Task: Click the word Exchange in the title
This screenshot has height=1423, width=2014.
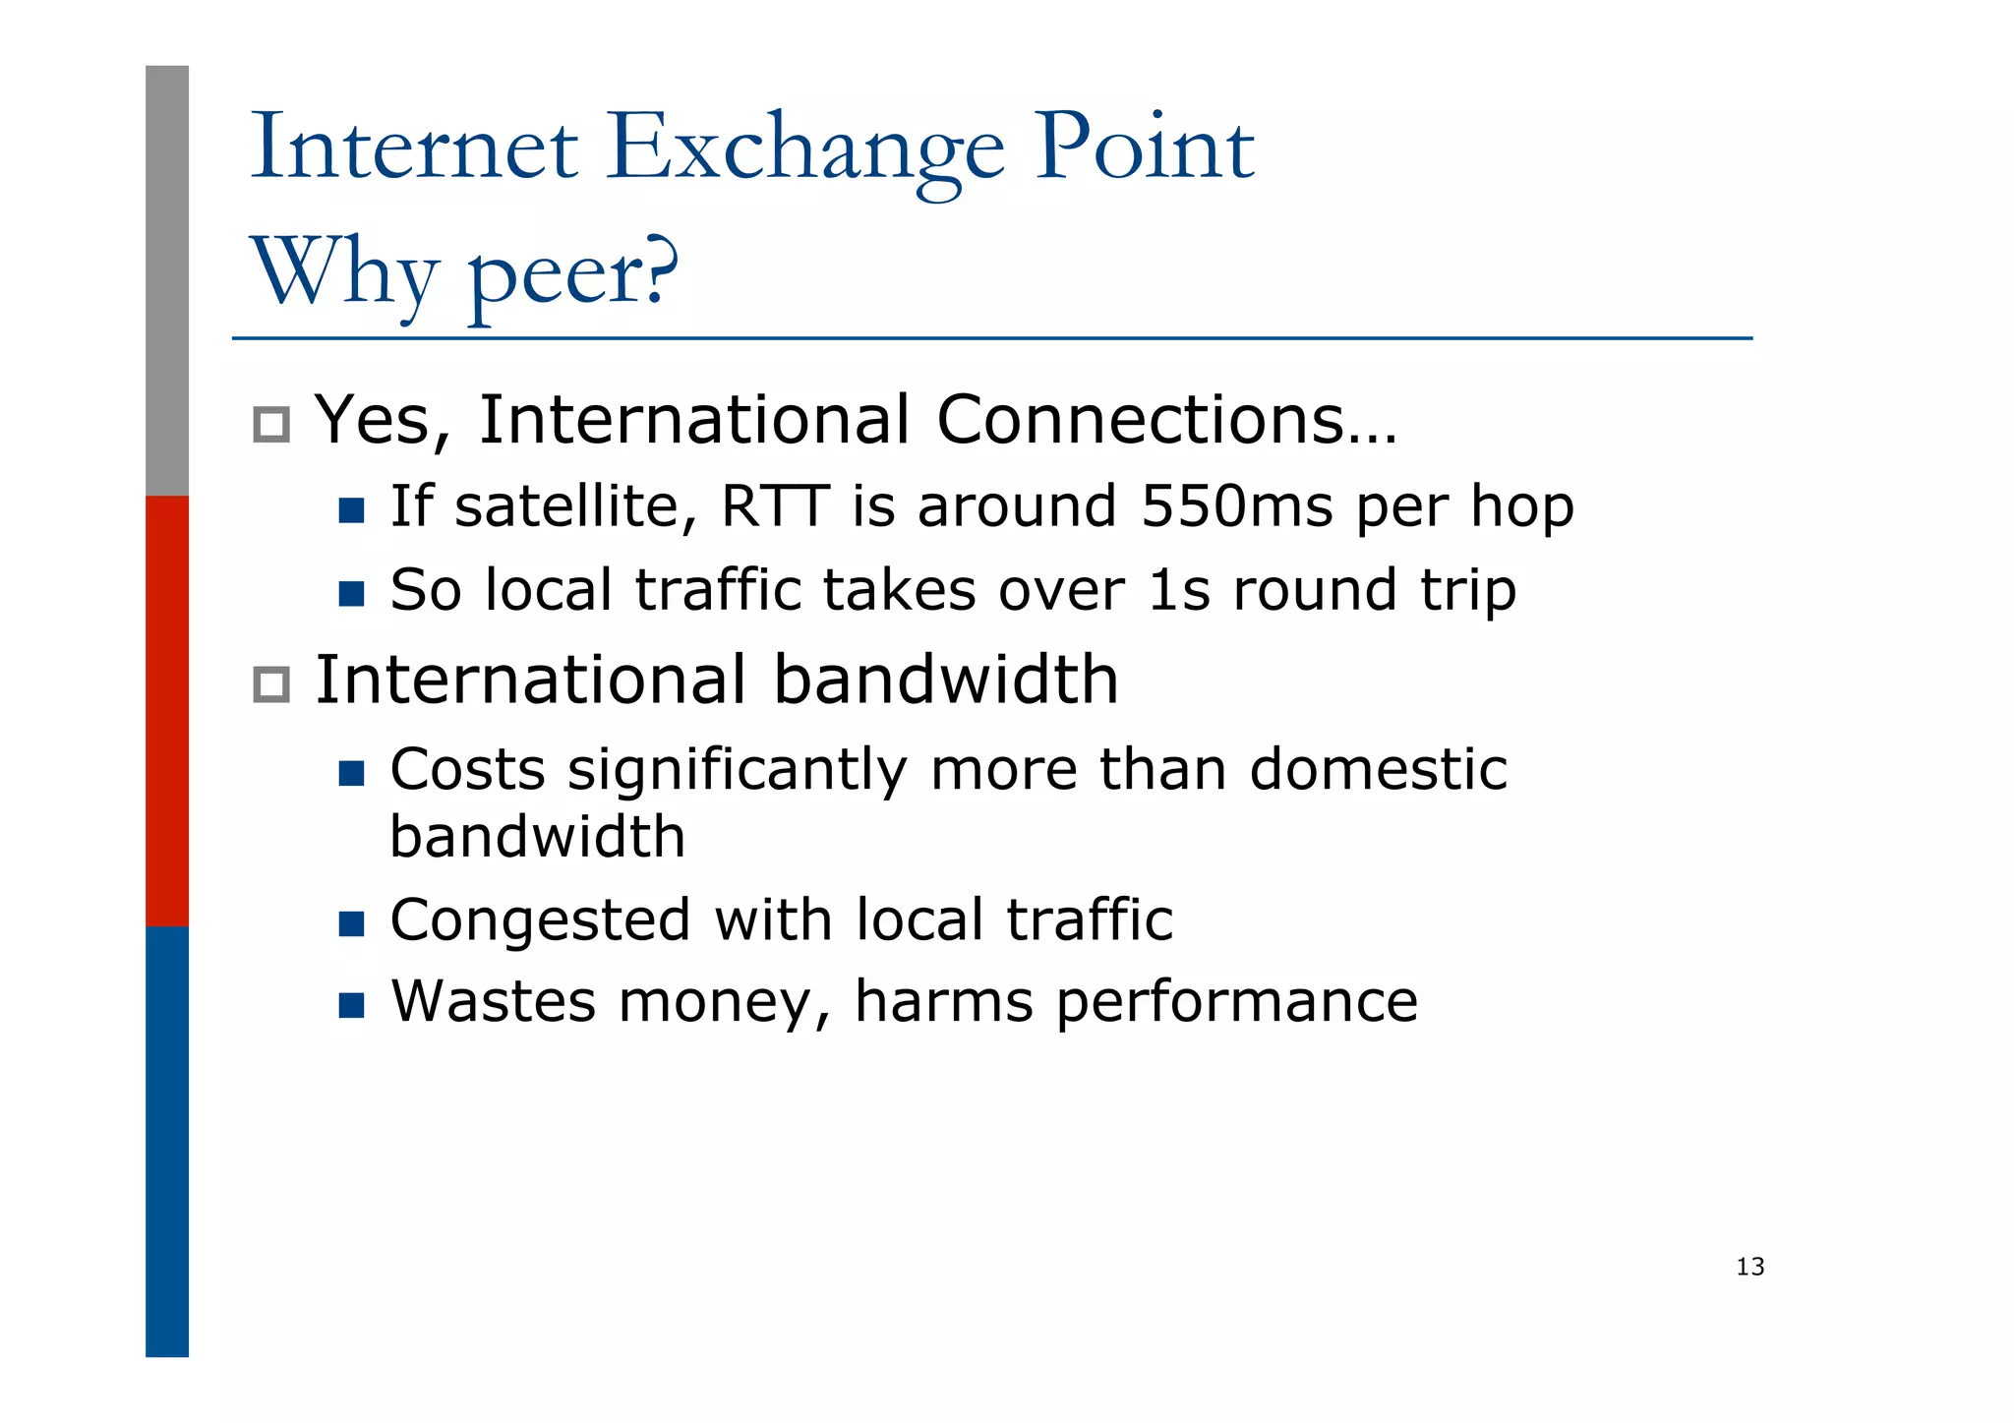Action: (x=805, y=149)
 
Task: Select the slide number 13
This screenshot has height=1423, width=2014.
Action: (x=1749, y=1267)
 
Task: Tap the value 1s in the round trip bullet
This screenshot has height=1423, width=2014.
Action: (x=1178, y=590)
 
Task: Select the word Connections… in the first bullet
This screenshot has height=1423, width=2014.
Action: (x=1165, y=421)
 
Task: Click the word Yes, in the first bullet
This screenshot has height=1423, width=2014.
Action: (x=382, y=421)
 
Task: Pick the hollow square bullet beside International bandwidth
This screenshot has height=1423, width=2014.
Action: (x=271, y=684)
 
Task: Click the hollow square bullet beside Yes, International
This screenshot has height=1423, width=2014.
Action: (x=271, y=425)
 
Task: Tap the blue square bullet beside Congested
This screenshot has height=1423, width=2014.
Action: (x=351, y=923)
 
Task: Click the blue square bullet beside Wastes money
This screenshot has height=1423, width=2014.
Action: (x=351, y=1005)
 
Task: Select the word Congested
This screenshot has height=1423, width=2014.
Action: (x=540, y=921)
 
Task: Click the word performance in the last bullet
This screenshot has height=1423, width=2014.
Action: (x=1236, y=1003)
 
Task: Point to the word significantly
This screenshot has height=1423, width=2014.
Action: (x=737, y=770)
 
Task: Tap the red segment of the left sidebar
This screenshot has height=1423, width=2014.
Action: (x=167, y=710)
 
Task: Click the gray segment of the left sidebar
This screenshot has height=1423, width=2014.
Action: (x=167, y=280)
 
